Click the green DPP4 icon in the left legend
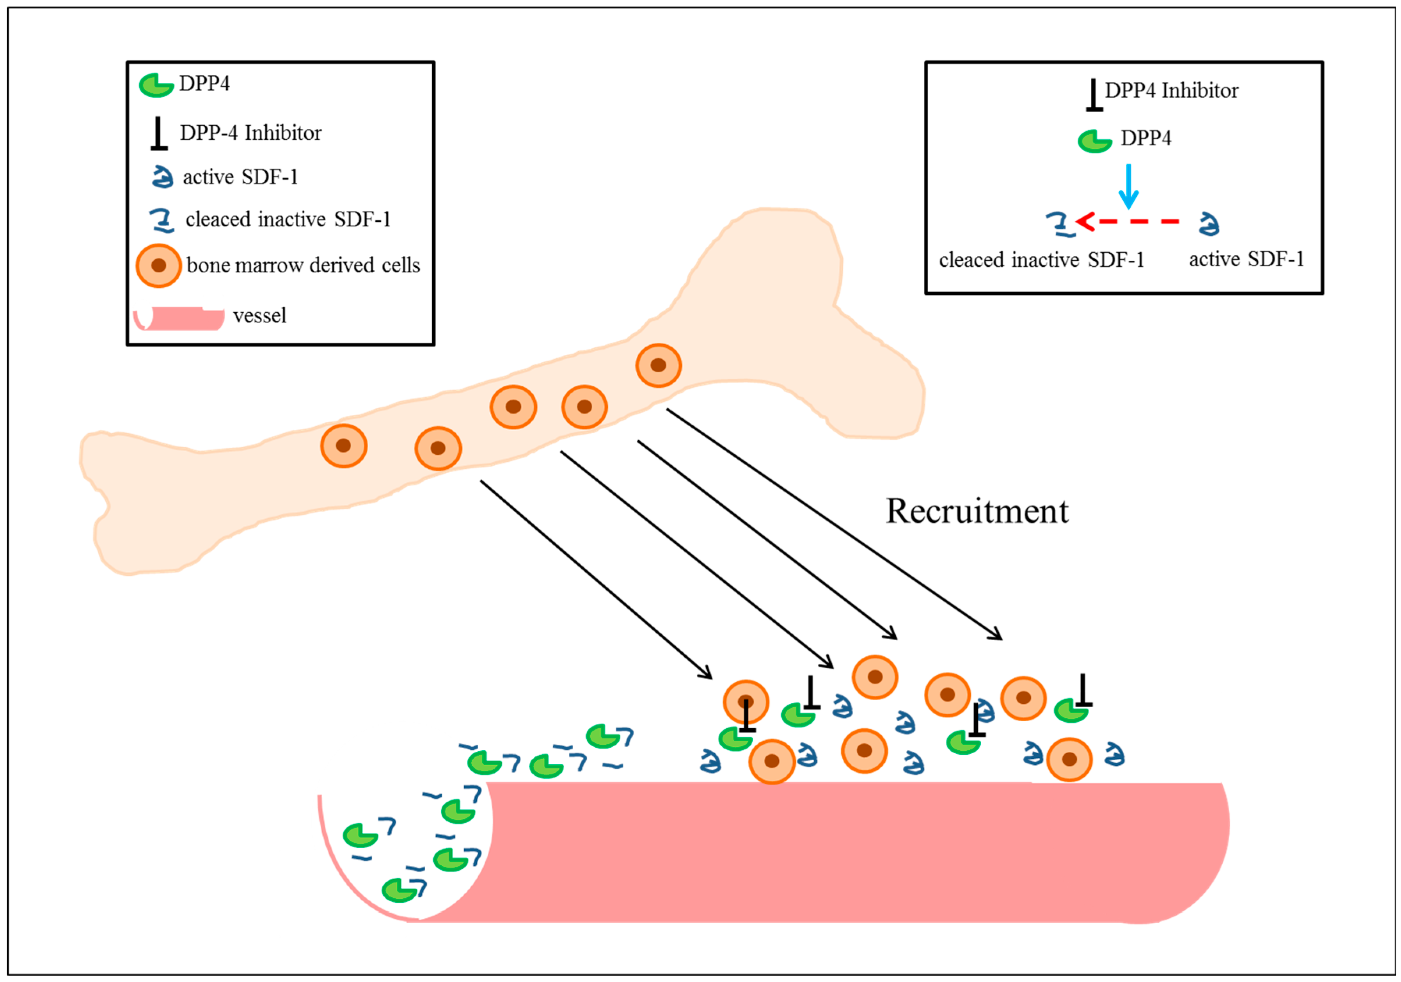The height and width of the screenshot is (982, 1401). pyautogui.click(x=156, y=85)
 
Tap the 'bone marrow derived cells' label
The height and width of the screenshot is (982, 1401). pyautogui.click(x=303, y=265)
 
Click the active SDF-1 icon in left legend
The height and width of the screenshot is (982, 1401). pyautogui.click(x=162, y=177)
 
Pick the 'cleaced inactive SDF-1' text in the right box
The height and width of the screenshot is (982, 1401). pyautogui.click(x=1041, y=260)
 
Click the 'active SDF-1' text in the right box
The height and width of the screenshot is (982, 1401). pyautogui.click(x=1246, y=260)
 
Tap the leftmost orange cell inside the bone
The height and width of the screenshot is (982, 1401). pyautogui.click(x=344, y=446)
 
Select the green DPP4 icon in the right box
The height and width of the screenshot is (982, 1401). pyautogui.click(x=1094, y=141)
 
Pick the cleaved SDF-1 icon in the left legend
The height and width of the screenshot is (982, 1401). pyautogui.click(x=162, y=220)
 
